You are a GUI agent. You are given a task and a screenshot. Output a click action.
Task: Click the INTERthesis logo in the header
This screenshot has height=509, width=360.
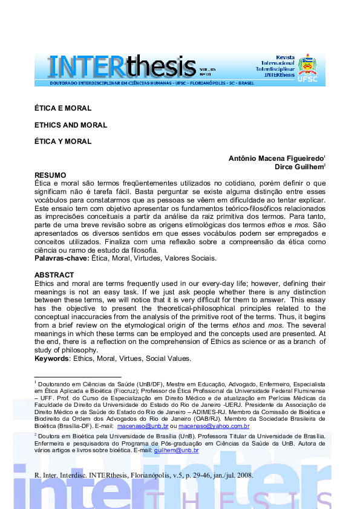click(121, 65)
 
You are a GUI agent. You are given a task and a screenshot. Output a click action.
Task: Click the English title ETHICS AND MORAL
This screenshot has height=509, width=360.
click(71, 125)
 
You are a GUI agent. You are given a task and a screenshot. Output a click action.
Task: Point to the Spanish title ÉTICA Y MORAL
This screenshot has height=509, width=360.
click(63, 141)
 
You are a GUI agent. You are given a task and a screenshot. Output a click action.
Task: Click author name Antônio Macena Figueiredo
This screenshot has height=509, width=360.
click(275, 158)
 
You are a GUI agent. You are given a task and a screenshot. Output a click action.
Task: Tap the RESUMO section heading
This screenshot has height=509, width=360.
click(50, 175)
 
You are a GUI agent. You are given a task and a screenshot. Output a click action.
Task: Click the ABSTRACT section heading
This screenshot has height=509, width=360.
click(54, 275)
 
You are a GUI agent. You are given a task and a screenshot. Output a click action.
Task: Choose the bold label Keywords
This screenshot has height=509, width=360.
click(52, 358)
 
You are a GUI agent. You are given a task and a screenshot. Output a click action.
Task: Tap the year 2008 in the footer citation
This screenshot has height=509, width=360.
click(244, 475)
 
